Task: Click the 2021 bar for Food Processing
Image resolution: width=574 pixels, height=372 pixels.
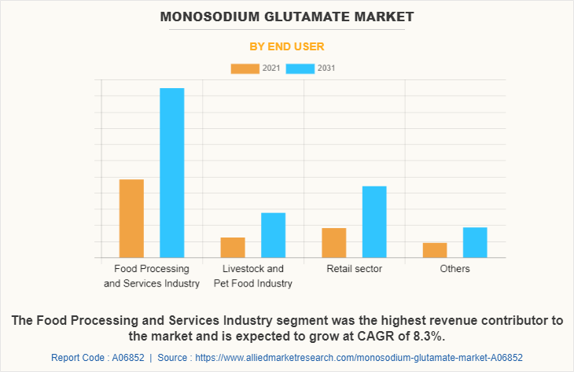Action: (x=131, y=218)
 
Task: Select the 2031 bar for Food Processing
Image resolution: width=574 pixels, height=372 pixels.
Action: (x=172, y=172)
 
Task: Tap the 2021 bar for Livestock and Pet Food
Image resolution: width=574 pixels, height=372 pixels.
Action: (x=233, y=247)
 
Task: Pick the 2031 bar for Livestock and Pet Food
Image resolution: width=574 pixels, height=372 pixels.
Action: (x=273, y=234)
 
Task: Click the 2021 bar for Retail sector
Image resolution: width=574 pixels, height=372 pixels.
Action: (x=334, y=242)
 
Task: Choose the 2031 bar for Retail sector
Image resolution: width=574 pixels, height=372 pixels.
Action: (x=374, y=221)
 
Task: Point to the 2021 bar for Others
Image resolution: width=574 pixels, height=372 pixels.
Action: (x=435, y=249)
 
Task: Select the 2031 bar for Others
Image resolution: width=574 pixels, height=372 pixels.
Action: (x=475, y=241)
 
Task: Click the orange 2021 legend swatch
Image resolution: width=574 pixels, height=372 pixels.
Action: (x=245, y=68)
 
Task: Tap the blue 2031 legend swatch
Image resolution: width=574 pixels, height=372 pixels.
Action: (x=300, y=68)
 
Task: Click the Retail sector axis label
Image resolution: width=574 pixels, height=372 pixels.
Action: (x=354, y=269)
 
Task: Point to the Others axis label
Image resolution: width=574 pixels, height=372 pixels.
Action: (x=455, y=269)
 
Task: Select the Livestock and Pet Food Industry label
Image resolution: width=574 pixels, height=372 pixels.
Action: (x=253, y=276)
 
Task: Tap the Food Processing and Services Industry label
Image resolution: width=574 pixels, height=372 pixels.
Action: (x=152, y=276)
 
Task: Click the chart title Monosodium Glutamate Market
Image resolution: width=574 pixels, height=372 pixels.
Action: (x=286, y=17)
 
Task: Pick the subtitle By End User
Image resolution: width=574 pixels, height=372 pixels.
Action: (x=286, y=46)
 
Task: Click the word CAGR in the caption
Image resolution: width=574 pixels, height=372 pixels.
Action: (x=381, y=337)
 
